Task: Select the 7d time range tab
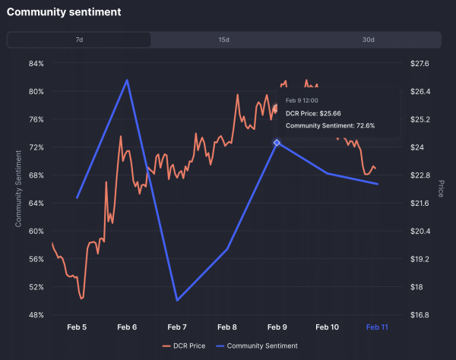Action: [79, 39]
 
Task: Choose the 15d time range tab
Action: [224, 39]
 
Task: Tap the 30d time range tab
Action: [369, 39]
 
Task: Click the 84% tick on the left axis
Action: [36, 64]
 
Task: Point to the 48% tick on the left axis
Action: [36, 314]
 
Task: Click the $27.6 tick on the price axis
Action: [419, 64]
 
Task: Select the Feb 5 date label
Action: [77, 327]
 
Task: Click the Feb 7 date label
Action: [177, 327]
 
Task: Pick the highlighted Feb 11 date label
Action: [378, 327]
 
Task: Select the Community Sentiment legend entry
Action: [258, 346]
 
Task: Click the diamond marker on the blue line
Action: [277, 143]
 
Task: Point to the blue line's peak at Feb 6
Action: [127, 80]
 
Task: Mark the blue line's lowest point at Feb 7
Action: [177, 301]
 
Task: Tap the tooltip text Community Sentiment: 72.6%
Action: [330, 126]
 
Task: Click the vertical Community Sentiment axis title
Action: [18, 189]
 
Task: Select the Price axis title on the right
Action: [440, 189]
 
